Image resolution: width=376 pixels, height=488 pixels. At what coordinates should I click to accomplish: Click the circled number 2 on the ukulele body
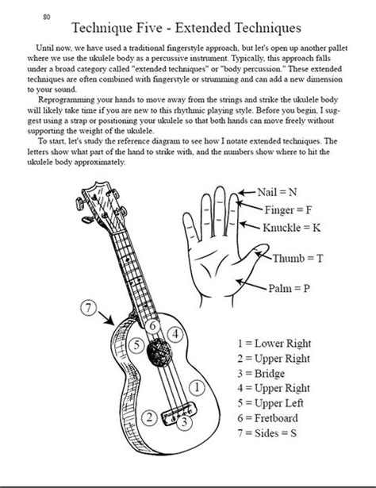click(x=147, y=417)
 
